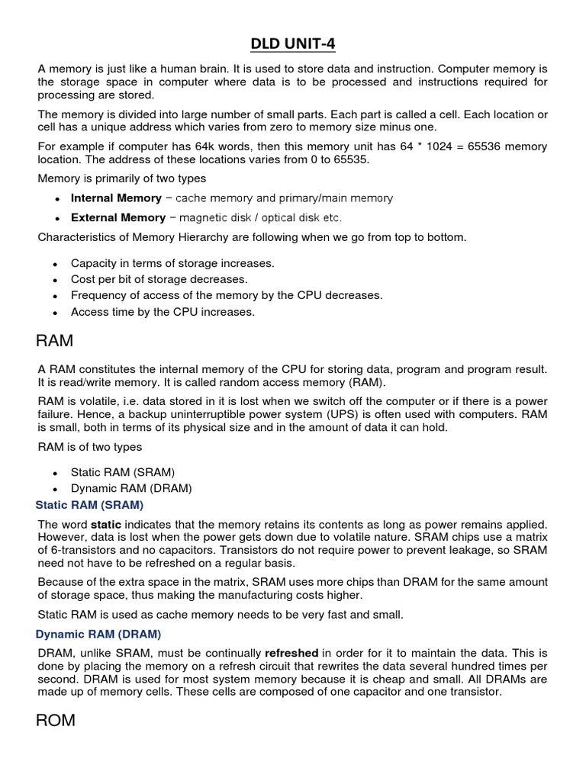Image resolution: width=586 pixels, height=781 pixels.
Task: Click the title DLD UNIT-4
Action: tap(293, 44)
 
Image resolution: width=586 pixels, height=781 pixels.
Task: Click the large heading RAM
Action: tap(56, 339)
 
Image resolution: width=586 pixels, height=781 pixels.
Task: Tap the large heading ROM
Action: tap(56, 719)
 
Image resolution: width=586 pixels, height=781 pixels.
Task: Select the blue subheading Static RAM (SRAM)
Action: tap(90, 505)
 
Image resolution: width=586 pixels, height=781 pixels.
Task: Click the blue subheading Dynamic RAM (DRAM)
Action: tap(98, 634)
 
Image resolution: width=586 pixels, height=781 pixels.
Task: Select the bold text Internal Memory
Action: tap(116, 198)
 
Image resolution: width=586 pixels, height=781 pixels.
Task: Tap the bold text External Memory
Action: tap(117, 217)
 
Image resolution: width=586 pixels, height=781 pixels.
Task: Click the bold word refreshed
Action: tap(291, 654)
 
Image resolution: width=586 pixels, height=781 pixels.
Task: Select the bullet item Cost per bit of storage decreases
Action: tap(159, 279)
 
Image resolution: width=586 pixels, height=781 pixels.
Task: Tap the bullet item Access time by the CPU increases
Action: tap(163, 312)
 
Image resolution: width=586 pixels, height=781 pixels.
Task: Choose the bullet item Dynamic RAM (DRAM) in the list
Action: tap(131, 488)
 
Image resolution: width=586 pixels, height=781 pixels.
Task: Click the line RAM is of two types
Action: tap(90, 447)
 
